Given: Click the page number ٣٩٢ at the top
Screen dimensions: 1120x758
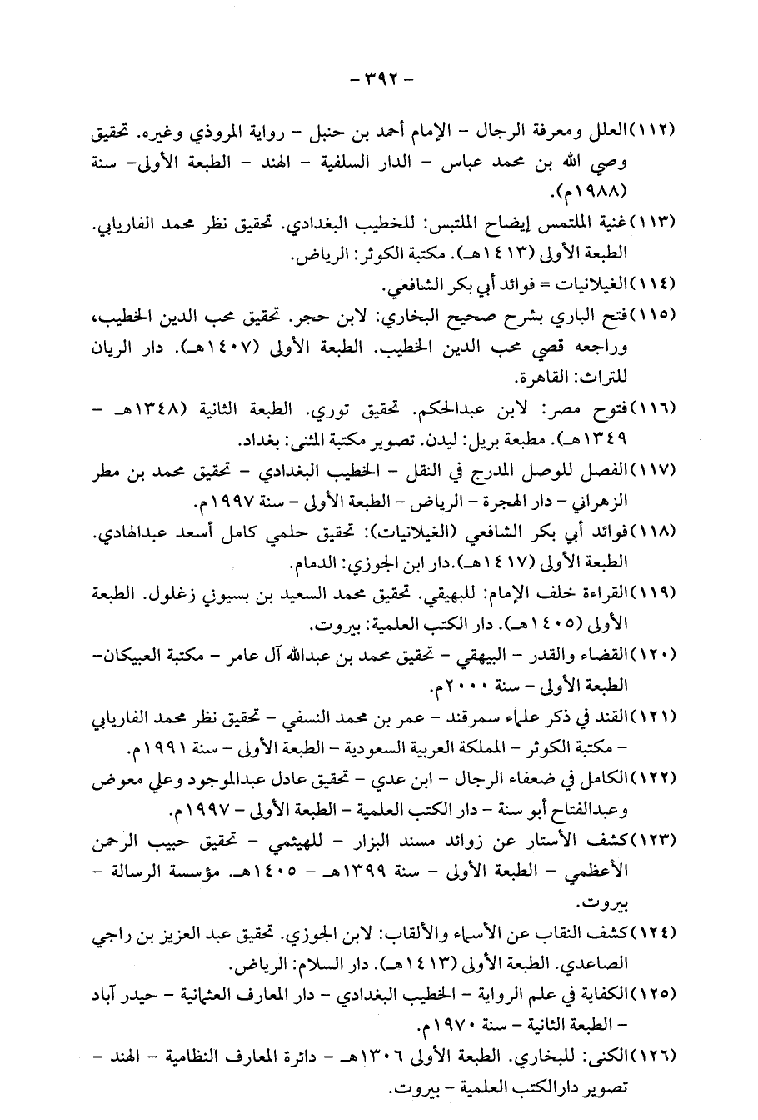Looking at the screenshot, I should click(x=378, y=81).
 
